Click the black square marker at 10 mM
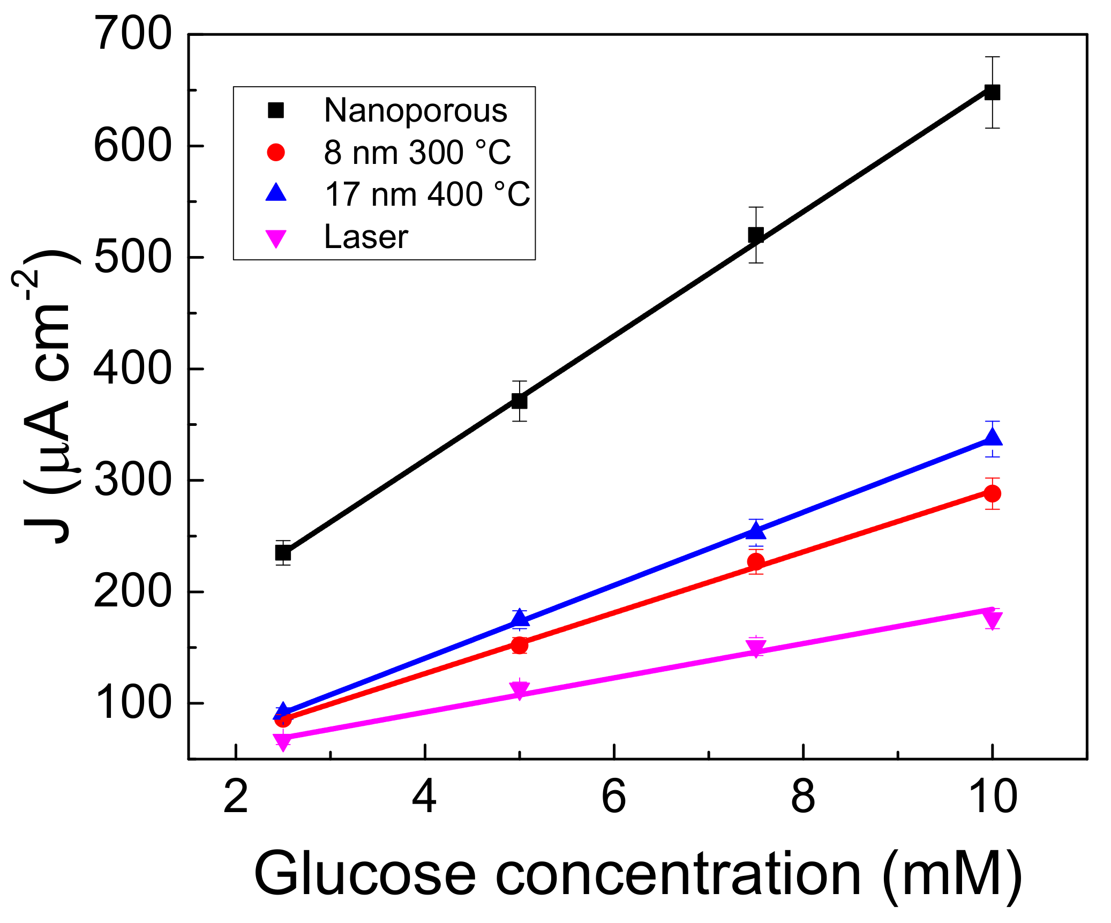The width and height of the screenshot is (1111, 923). click(x=992, y=92)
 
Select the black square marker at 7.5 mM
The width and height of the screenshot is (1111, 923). click(x=756, y=235)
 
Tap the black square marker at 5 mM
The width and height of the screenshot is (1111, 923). click(x=519, y=401)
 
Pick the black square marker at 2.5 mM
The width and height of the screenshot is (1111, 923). click(x=283, y=552)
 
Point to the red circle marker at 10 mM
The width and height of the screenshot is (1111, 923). click(x=992, y=493)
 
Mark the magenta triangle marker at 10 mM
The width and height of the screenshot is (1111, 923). click(x=992, y=620)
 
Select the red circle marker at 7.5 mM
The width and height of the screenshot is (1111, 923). click(x=756, y=561)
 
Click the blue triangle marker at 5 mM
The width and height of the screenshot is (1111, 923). click(x=519, y=618)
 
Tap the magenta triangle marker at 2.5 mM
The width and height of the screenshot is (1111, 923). click(x=283, y=741)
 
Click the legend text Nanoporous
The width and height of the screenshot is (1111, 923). click(x=416, y=111)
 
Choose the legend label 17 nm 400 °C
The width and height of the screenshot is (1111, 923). click(x=427, y=194)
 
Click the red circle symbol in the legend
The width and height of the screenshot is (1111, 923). click(x=276, y=153)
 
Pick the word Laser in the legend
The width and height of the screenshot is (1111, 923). click(x=366, y=237)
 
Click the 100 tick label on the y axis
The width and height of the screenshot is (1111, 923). click(x=132, y=703)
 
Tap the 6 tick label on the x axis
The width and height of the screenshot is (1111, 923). click(x=613, y=797)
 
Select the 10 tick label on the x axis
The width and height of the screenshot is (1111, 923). click(x=992, y=797)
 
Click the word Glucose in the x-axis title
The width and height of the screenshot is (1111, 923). click(x=364, y=874)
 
